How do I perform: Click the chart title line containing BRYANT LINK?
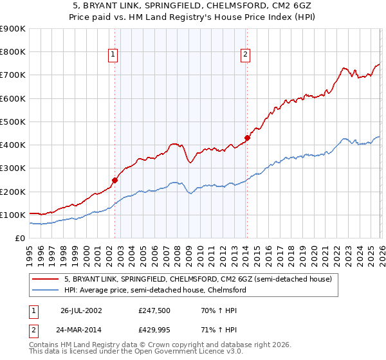coord(192,6)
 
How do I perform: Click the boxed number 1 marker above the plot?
coord(113,55)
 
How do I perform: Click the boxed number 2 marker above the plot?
coord(245,55)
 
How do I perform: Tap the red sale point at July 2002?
coord(115,181)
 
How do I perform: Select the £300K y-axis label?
coord(13,168)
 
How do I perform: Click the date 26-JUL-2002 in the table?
coord(80,310)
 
